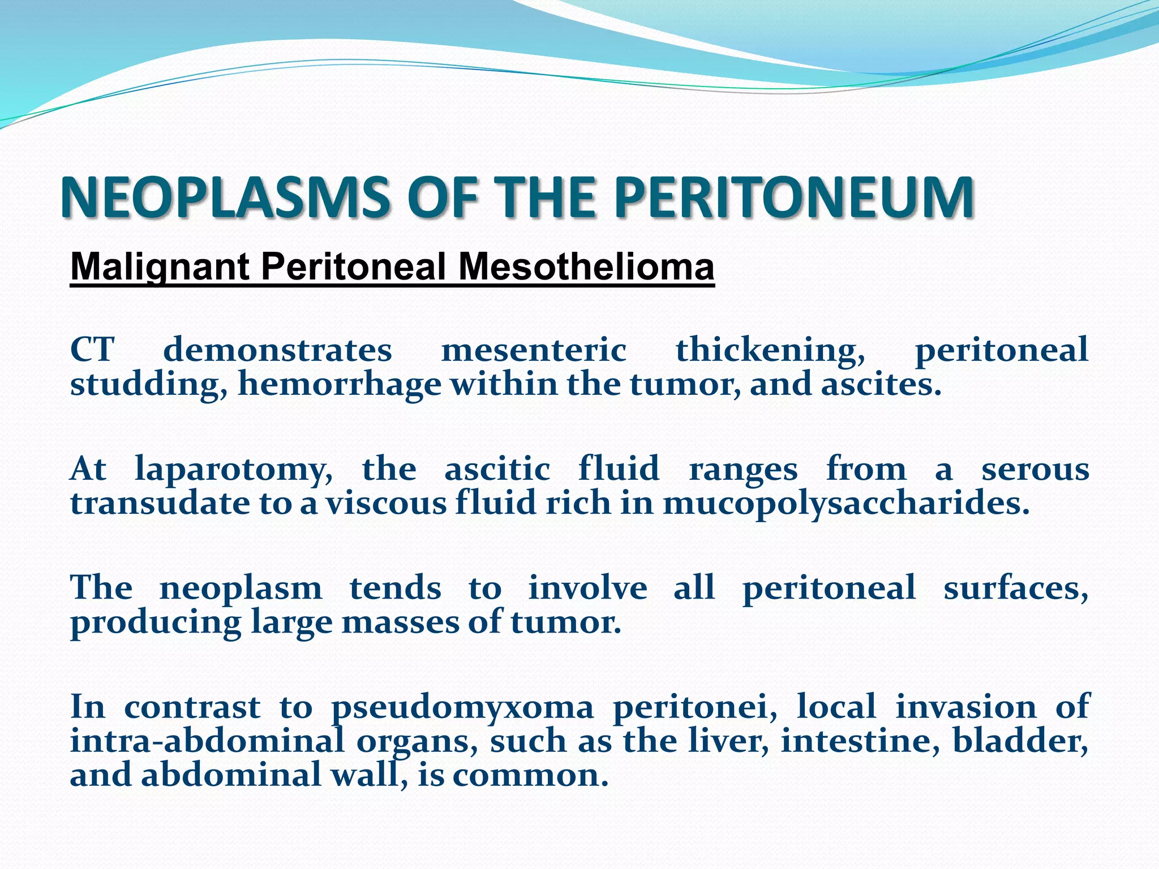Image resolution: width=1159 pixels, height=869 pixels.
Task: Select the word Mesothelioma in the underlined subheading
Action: coord(586,266)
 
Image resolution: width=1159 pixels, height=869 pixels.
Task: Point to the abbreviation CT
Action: coord(92,350)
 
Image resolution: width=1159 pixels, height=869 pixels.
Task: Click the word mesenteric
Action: coord(533,350)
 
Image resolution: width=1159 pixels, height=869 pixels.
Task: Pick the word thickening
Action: coord(770,350)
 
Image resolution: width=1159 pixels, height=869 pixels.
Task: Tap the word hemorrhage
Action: coord(340,385)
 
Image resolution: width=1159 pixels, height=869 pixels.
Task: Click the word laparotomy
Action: coord(234,470)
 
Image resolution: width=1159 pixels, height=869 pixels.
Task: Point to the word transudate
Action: coord(160,504)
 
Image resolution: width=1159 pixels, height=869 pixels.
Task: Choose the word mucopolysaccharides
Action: coord(846,504)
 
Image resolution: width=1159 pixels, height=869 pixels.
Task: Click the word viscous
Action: coord(385,504)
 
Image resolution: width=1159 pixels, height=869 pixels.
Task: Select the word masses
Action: coord(401,622)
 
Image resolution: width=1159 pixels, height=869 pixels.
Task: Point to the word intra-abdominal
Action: coord(207,741)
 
